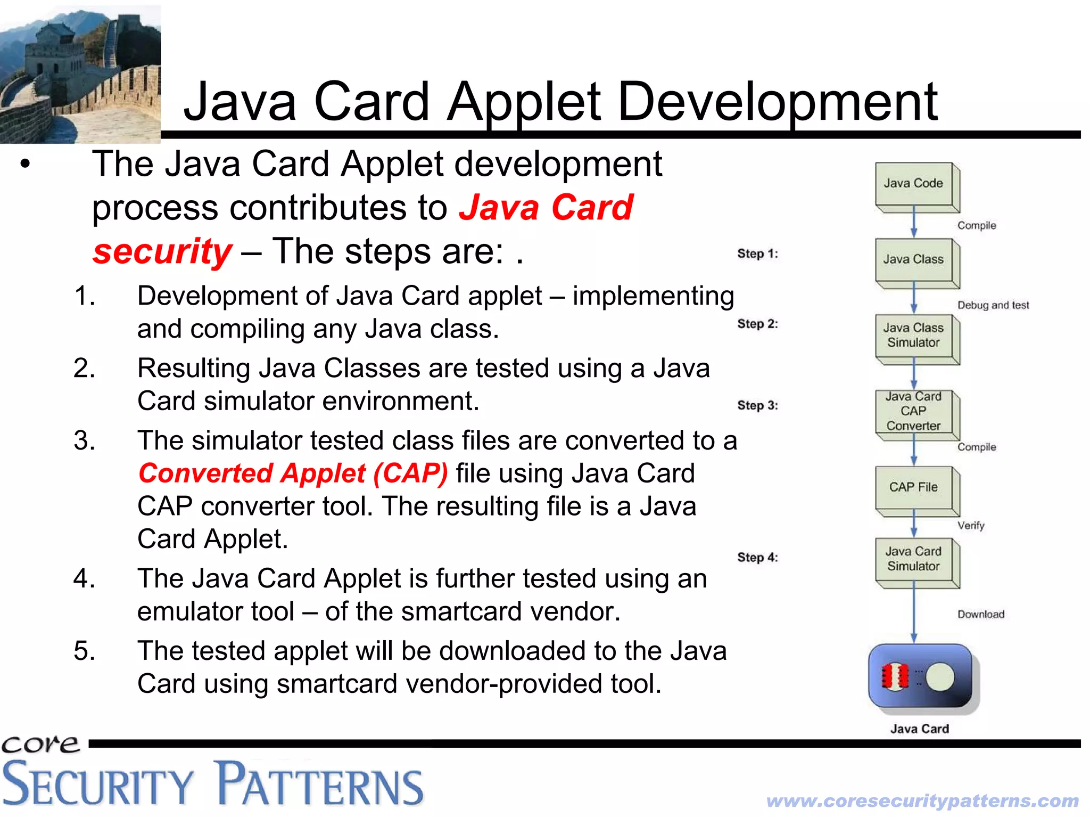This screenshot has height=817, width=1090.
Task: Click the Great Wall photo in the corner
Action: [x=80, y=73]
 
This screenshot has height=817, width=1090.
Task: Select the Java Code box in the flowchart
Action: [x=914, y=183]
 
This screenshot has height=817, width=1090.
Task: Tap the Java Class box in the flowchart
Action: [x=914, y=259]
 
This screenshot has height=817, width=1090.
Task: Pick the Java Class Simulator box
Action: [x=914, y=336]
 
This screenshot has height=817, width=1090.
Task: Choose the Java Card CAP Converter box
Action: [x=914, y=411]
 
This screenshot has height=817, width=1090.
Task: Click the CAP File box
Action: [x=914, y=487]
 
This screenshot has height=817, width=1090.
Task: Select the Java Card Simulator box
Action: [x=914, y=559]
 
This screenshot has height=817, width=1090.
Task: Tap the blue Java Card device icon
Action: [x=920, y=676]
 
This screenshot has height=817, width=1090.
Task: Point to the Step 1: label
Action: [x=757, y=254]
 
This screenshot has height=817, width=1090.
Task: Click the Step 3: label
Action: [x=757, y=406]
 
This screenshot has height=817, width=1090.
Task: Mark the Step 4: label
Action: [x=757, y=558]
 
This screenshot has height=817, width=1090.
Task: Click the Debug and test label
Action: [x=993, y=305]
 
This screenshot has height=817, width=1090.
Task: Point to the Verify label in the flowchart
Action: [x=971, y=526]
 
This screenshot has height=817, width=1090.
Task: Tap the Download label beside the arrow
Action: [x=981, y=615]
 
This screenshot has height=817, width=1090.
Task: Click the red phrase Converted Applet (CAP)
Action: [x=293, y=473]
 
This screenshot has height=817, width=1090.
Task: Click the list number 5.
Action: [x=85, y=651]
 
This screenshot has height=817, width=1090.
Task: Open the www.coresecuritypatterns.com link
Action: [x=922, y=800]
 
